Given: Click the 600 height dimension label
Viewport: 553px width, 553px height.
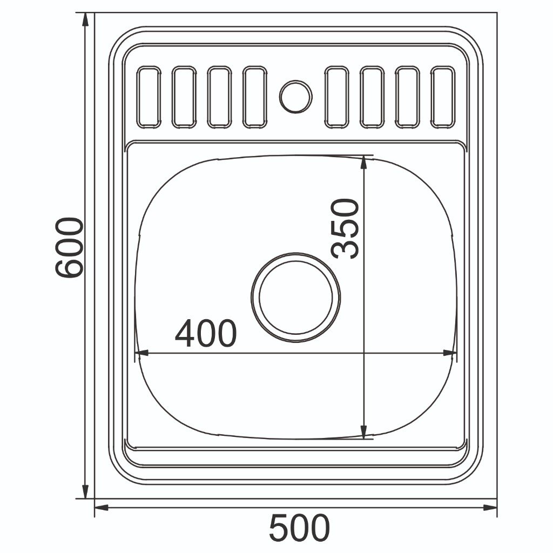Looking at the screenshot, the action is pyautogui.click(x=69, y=247).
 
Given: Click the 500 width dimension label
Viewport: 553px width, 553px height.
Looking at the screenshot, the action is pyautogui.click(x=299, y=528).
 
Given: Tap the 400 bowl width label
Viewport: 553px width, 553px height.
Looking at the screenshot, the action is pyautogui.click(x=206, y=333).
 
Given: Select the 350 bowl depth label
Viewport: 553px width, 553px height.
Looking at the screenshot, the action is pyautogui.click(x=345, y=229).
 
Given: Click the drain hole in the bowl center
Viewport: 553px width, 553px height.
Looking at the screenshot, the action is pyautogui.click(x=296, y=297).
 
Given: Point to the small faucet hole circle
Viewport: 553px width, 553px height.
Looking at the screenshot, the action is pyautogui.click(x=296, y=97).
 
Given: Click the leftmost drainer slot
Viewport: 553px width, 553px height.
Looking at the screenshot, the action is pyautogui.click(x=149, y=97).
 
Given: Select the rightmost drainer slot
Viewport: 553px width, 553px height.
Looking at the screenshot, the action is pyautogui.click(x=443, y=97).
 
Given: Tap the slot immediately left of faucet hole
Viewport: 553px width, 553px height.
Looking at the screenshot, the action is pyautogui.click(x=255, y=97).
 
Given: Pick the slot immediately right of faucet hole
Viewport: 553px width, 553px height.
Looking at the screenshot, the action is pyautogui.click(x=337, y=97).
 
